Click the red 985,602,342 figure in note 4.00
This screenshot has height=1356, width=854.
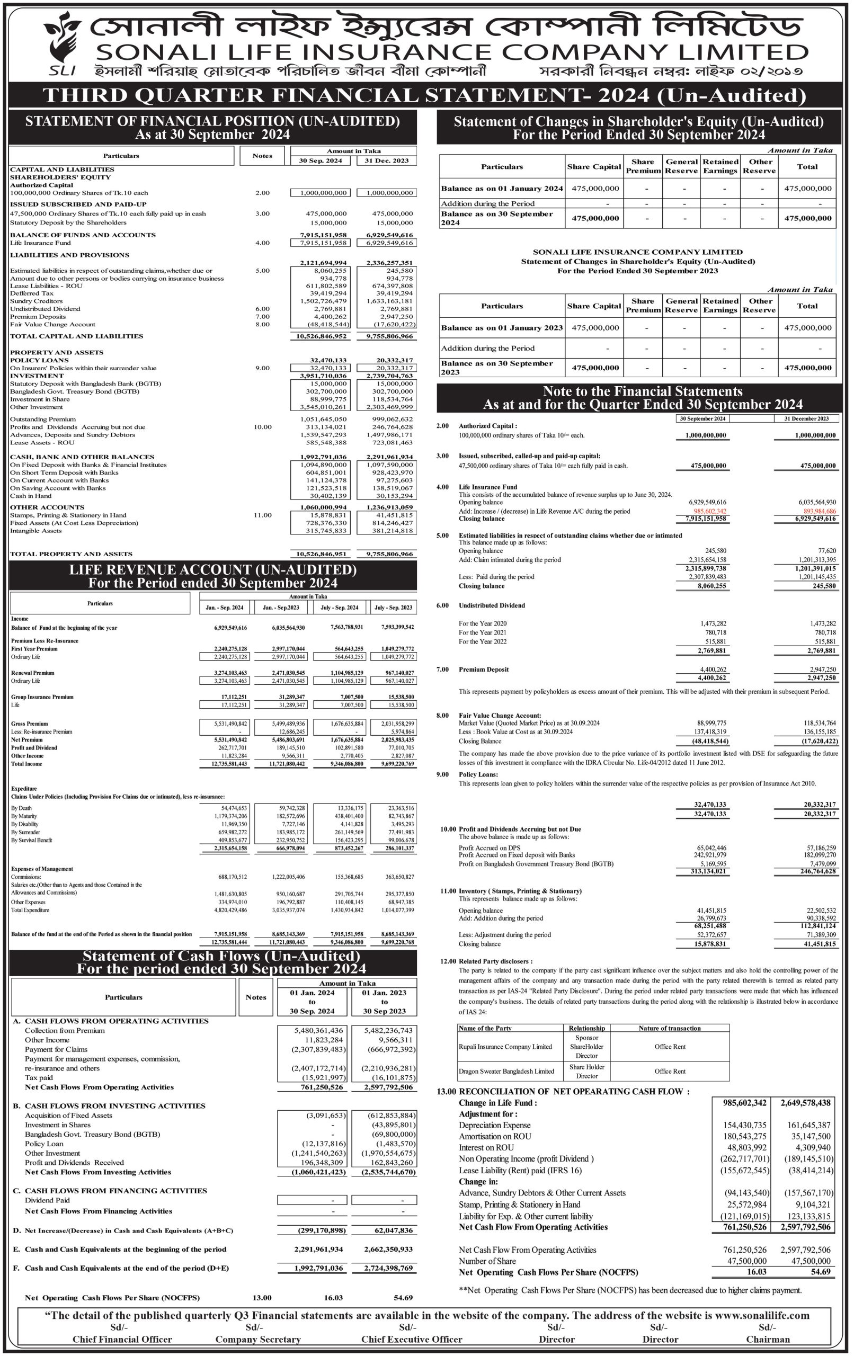710,511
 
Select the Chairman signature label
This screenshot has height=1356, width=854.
767,1339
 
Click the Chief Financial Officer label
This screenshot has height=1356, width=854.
122,1339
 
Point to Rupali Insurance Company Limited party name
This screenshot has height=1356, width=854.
505,1046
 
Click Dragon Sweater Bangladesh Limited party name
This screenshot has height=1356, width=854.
506,1071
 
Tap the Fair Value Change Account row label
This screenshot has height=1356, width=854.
52,324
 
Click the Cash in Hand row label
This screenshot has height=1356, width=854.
30,496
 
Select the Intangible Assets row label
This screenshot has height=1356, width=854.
35,530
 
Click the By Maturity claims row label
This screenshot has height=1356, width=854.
24,816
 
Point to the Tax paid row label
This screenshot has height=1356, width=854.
39,1077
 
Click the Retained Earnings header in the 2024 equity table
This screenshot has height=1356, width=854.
720,166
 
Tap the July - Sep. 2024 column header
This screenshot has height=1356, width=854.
339,608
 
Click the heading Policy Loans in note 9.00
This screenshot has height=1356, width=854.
478,774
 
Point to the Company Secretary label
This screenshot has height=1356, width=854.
258,1339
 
